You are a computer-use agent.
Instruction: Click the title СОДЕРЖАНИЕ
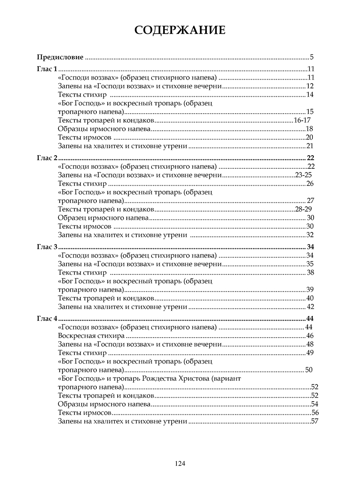click(x=180, y=30)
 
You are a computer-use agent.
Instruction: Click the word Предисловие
click(x=60, y=57)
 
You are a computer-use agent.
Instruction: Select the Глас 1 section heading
click(x=47, y=68)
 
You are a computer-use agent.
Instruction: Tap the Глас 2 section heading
click(x=47, y=158)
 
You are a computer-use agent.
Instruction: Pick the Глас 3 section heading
click(x=47, y=247)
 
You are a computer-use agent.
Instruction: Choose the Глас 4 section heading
click(x=47, y=319)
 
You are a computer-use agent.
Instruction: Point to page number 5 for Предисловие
click(x=311, y=57)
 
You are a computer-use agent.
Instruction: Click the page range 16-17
click(x=302, y=120)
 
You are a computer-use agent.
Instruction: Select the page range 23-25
click(x=303, y=175)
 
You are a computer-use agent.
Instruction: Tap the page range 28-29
click(x=303, y=209)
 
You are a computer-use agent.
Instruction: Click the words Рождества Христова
click(x=180, y=378)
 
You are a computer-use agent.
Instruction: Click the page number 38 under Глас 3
click(x=310, y=273)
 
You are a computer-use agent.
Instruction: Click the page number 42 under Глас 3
click(x=310, y=307)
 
